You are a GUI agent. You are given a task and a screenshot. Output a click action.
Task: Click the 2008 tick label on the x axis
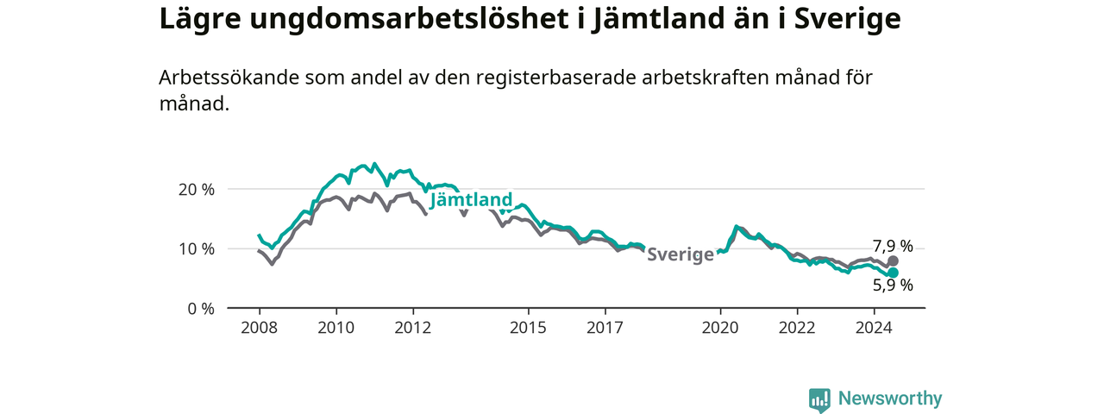[x=260, y=328]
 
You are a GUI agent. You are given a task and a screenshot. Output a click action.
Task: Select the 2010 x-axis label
[x=336, y=328]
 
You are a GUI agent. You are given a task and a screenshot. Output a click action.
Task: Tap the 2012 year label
[x=413, y=328]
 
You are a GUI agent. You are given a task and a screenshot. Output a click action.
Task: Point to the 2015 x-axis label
[x=529, y=328]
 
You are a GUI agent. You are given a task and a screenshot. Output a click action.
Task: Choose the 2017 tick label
[x=605, y=328]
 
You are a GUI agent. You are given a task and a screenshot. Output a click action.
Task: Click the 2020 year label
[x=720, y=328]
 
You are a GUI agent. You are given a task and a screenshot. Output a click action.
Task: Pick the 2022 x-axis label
[x=798, y=328]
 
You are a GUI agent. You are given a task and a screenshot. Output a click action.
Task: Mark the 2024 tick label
[x=875, y=328]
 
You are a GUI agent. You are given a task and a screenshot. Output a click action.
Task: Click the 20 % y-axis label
[x=197, y=190]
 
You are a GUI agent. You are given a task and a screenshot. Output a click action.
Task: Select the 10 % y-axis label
[x=197, y=249]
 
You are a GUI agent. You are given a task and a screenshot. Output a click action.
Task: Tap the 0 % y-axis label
[x=201, y=309]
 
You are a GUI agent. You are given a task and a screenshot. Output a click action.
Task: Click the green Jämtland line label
[x=471, y=200]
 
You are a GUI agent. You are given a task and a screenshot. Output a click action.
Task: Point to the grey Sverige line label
[x=681, y=254]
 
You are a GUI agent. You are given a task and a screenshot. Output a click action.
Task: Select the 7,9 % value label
[x=893, y=246]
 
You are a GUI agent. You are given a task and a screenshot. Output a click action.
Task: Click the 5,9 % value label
[x=893, y=285]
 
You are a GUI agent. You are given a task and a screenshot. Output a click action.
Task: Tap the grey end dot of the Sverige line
[x=893, y=261]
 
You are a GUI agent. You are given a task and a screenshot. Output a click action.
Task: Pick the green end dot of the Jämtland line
[x=893, y=273]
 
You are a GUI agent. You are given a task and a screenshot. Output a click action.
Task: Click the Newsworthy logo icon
[x=819, y=399]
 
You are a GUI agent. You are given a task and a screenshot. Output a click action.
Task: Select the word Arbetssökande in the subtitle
[x=229, y=78]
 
